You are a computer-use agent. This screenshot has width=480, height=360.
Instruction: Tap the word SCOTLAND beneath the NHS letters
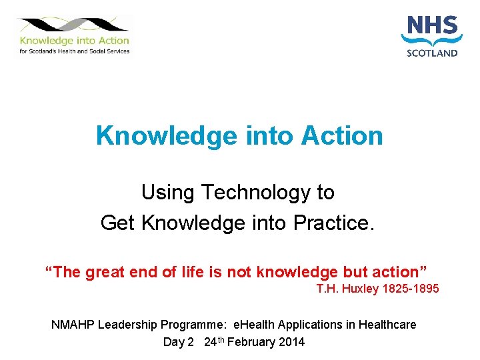pos(432,53)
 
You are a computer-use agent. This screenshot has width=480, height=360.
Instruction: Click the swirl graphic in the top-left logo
pos(73,25)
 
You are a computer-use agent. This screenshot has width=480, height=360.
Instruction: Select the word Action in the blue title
pos(342,135)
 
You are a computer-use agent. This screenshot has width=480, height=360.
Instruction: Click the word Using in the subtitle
pos(167,193)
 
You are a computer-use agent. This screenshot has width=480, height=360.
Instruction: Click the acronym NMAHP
pos(73,325)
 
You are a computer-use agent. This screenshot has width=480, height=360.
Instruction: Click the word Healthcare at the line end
pos(387,325)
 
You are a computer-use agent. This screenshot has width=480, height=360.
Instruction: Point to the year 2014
pos(291,342)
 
